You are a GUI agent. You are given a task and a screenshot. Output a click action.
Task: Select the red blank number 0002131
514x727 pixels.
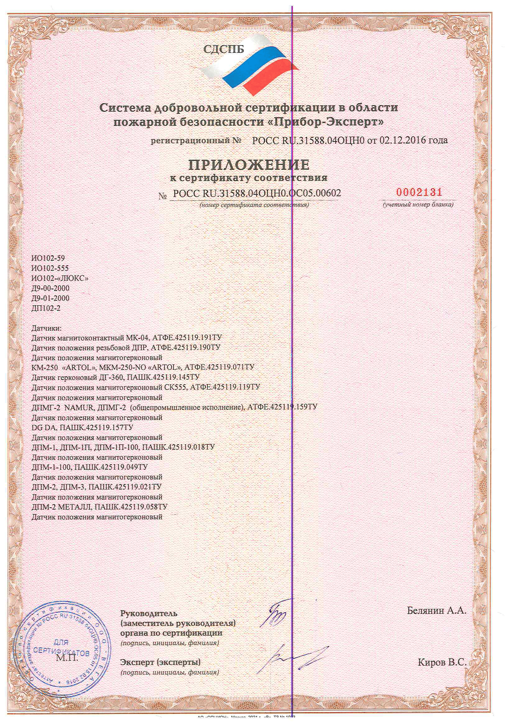pyautogui.click(x=419, y=192)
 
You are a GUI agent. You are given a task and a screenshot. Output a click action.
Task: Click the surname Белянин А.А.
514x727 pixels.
pyautogui.click(x=436, y=610)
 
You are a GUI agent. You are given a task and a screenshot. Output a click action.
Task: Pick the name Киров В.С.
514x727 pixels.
pyautogui.click(x=442, y=662)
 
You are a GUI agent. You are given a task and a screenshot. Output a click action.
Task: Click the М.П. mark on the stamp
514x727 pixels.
pyautogui.click(x=67, y=658)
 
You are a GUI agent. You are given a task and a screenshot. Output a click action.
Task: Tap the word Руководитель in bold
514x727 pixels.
pyautogui.click(x=149, y=613)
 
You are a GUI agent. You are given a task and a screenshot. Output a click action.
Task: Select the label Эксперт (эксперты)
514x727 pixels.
pyautogui.click(x=160, y=662)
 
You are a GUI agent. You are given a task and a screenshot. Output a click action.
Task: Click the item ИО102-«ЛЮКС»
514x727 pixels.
pyautogui.click(x=60, y=278)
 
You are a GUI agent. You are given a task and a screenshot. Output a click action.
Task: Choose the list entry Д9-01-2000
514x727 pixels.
pyautogui.click(x=50, y=298)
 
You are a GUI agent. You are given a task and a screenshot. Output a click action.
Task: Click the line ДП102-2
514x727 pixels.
pyautogui.click(x=46, y=308)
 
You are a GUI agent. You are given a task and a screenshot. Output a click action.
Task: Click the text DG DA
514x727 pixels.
pyautogui.click(x=44, y=428)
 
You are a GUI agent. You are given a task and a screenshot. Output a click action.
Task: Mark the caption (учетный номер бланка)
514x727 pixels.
pyautogui.click(x=418, y=205)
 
